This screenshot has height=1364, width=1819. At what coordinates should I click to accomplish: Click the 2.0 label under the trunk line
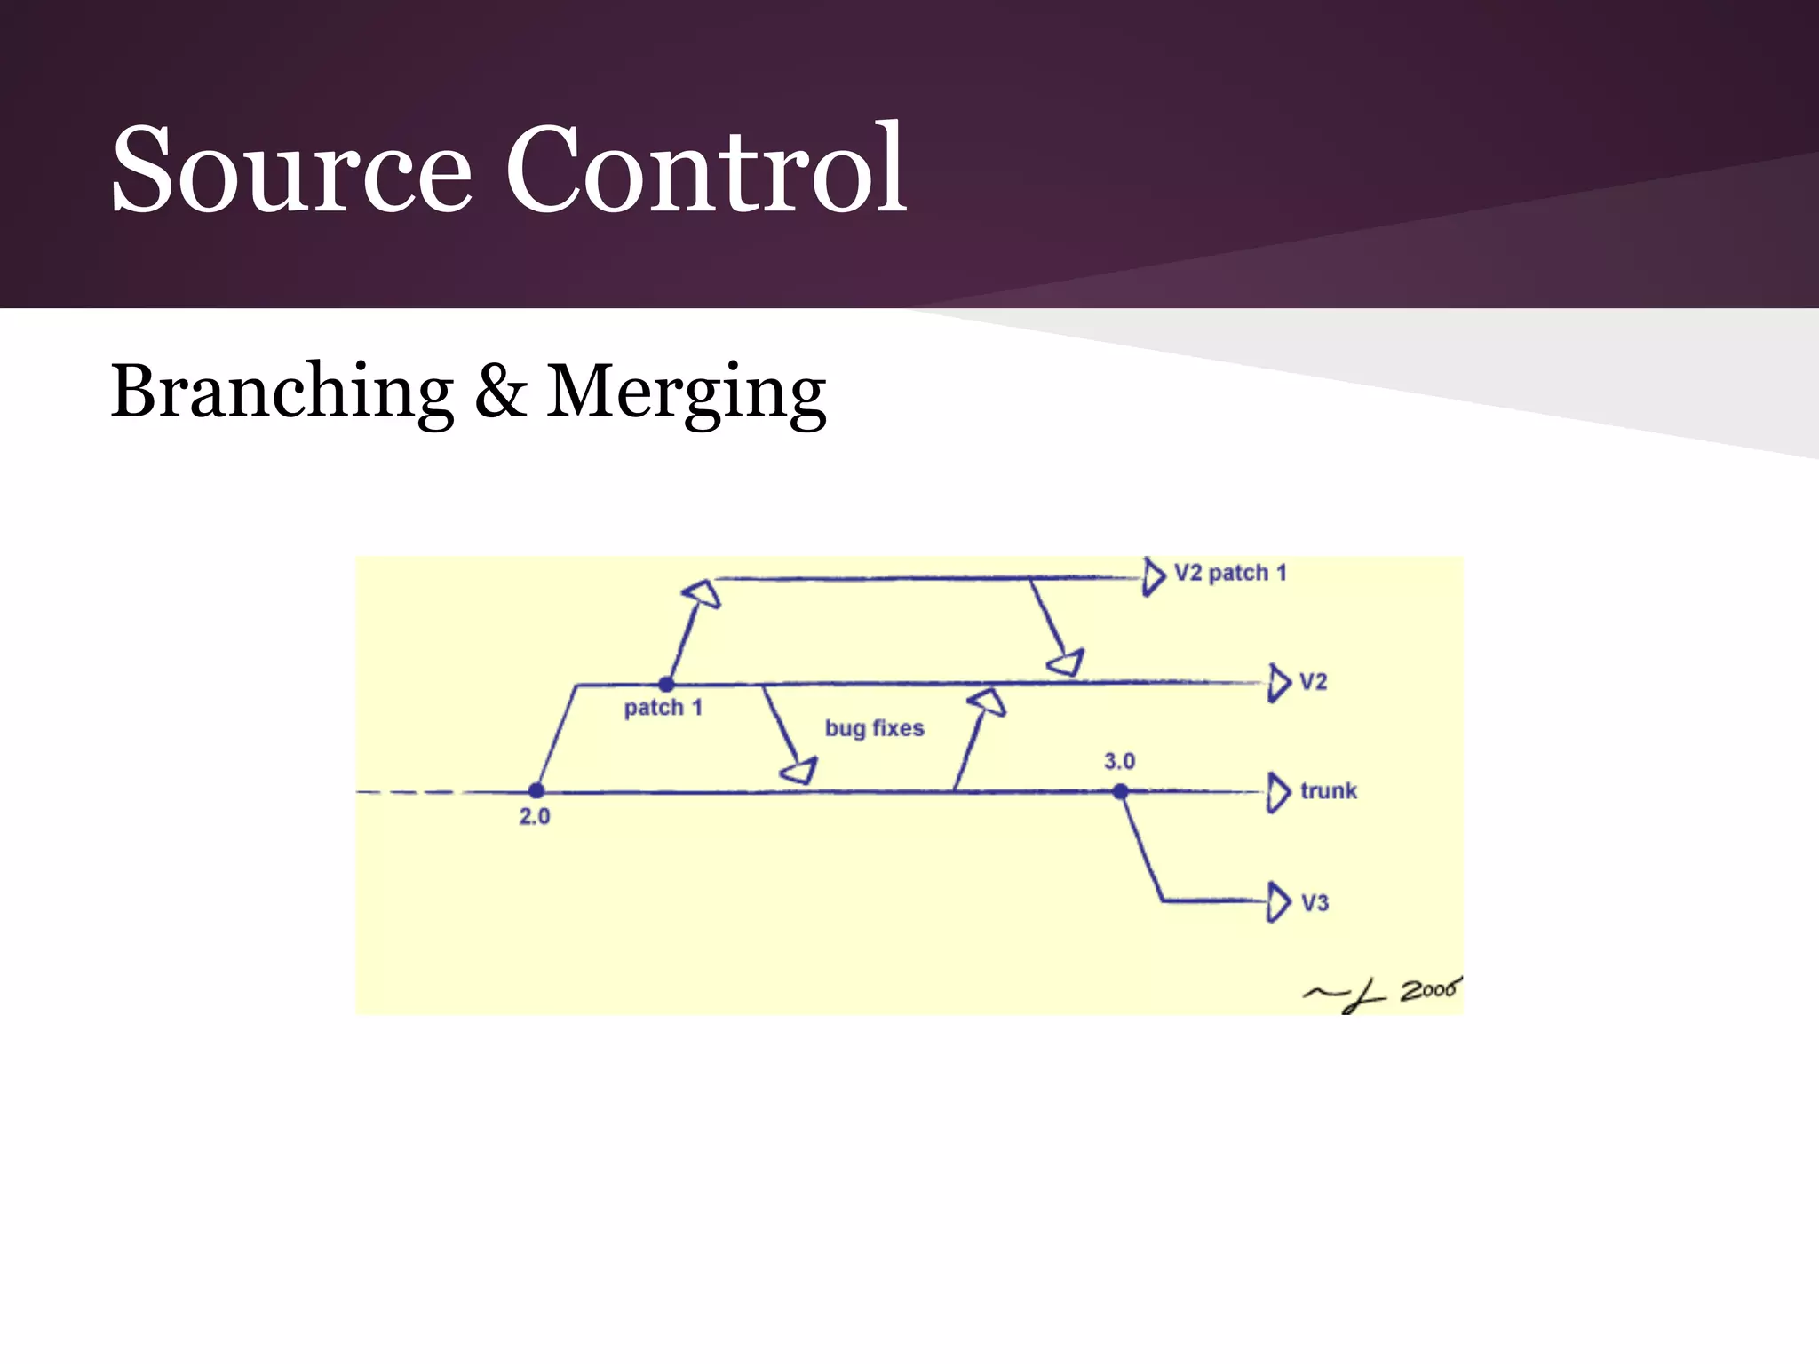tap(535, 816)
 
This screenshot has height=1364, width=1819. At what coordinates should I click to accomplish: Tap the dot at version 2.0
tap(536, 790)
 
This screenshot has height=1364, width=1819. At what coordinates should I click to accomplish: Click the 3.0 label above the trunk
tap(1119, 761)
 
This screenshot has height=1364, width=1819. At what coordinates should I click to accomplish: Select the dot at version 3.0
tap(1121, 791)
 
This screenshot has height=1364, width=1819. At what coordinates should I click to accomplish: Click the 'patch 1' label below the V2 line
tap(663, 708)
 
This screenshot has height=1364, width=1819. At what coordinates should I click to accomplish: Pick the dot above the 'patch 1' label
tap(666, 685)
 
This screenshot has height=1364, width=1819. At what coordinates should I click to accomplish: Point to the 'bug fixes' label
tap(874, 728)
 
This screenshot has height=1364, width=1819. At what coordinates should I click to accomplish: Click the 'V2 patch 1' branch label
tap(1230, 573)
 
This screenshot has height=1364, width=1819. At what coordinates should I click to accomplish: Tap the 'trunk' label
tap(1329, 790)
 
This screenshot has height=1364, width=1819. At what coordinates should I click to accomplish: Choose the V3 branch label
tap(1315, 903)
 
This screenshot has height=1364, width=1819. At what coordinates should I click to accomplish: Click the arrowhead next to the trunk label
tap(1278, 792)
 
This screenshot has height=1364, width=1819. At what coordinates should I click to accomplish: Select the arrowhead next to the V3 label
tap(1278, 902)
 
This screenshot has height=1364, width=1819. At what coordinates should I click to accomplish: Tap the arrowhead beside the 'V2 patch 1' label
tap(1153, 577)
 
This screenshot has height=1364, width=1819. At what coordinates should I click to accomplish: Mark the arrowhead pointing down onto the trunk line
tap(799, 770)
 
